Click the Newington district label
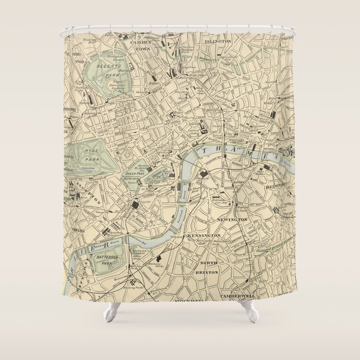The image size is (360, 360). (233, 220)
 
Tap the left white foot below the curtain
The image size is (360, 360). (111, 312)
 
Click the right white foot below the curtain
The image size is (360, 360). (249, 312)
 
